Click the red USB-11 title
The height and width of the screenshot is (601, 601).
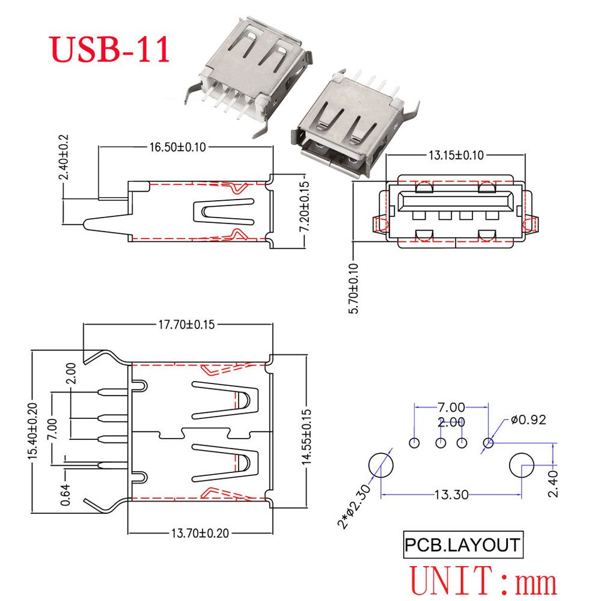coord(110,49)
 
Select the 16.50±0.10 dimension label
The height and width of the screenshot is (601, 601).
coord(177,147)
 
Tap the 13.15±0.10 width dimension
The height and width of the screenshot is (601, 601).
coord(456,155)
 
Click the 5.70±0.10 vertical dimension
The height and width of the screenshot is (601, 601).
coord(353,288)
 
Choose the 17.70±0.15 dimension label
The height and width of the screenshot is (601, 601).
coord(187,325)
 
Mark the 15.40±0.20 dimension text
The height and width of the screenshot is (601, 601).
coord(32,430)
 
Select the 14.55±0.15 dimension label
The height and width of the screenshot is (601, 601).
coord(307,436)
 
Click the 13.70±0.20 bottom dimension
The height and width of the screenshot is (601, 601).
coord(200,533)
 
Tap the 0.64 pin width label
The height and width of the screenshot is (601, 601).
coord(66,495)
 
